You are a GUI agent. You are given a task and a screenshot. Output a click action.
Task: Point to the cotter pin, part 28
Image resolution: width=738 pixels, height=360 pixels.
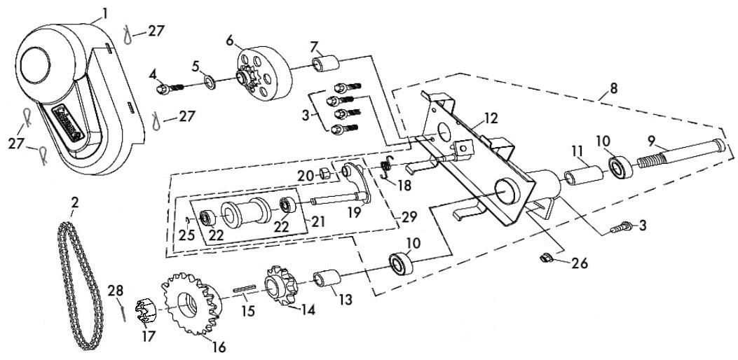(123, 309)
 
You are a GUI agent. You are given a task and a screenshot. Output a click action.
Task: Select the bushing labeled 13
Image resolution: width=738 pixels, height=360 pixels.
(325, 280)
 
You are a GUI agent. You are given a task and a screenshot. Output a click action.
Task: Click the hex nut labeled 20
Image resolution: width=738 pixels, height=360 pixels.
(324, 173)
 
